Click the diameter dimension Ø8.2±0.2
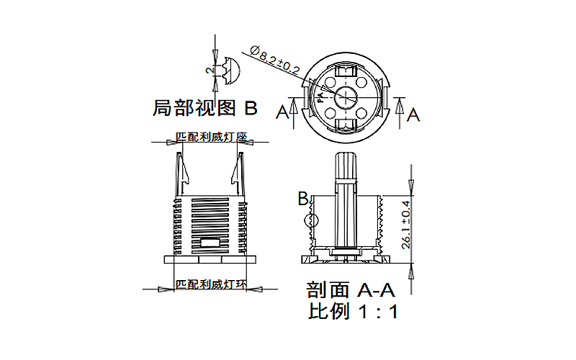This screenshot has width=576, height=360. pos(276,60)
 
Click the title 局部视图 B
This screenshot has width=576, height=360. pos(205,109)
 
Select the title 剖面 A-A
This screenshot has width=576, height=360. pos(351,290)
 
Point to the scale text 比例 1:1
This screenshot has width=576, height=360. pos(353,312)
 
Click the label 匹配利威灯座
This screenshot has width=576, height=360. pos(212,136)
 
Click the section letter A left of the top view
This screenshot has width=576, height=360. pos(283,112)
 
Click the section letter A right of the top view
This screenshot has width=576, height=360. pos(413,114)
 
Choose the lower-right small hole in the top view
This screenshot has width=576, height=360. pos(364,113)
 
